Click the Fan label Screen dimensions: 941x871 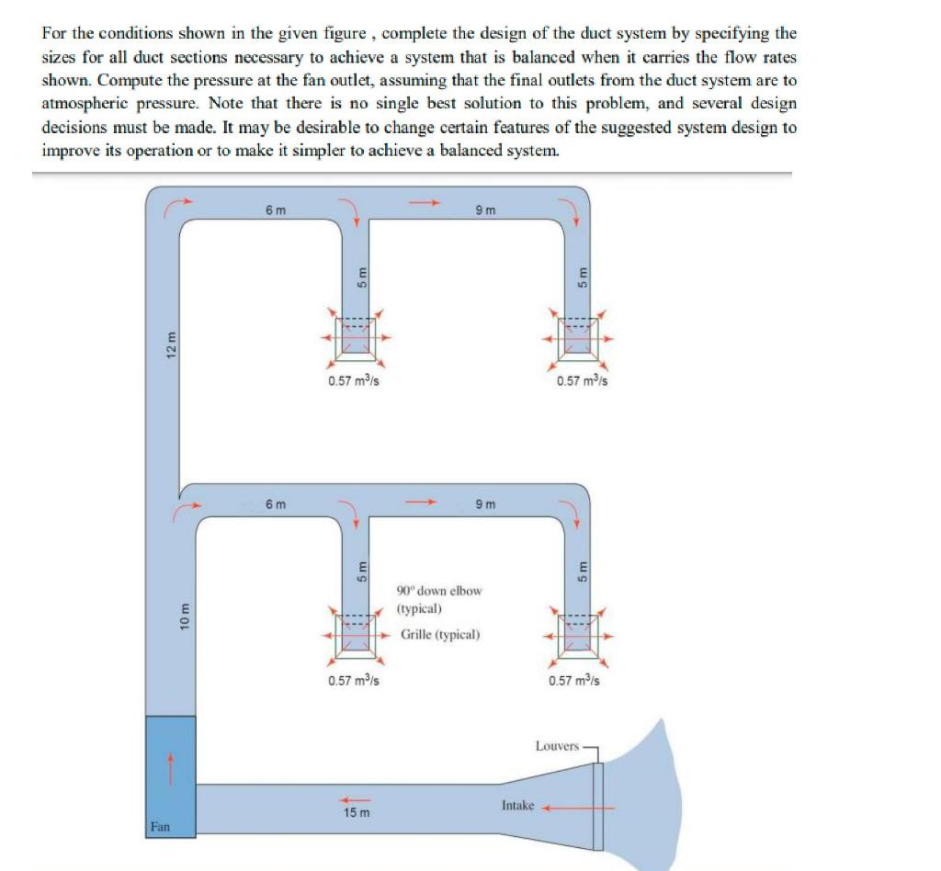click(x=160, y=827)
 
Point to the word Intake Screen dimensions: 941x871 click(x=517, y=805)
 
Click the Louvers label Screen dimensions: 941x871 click(x=557, y=746)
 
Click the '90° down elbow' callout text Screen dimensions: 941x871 click(x=438, y=590)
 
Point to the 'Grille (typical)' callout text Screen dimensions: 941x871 click(x=439, y=635)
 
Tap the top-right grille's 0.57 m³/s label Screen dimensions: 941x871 click(x=582, y=382)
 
